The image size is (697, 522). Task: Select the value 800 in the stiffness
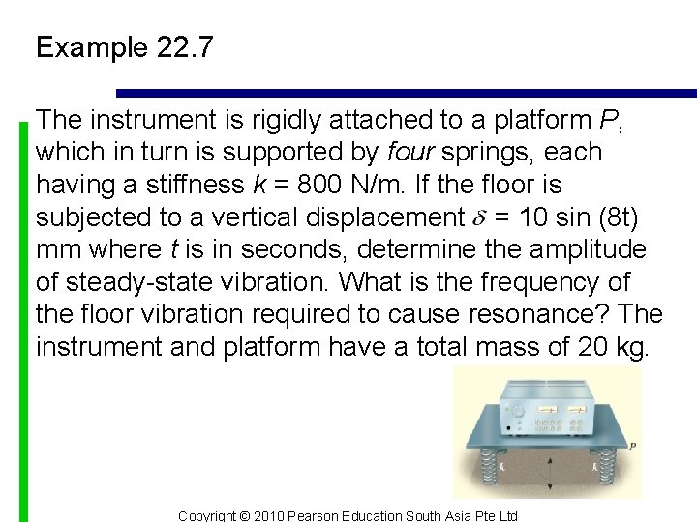click(x=295, y=185)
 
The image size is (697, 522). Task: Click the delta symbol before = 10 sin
click(x=479, y=217)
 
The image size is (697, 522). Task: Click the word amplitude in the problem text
click(x=591, y=249)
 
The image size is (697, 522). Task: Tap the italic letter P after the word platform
click(x=608, y=120)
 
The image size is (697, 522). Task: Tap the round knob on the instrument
click(x=518, y=410)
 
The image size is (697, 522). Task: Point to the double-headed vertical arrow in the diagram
click(x=549, y=475)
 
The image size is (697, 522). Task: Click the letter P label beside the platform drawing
click(x=632, y=447)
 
